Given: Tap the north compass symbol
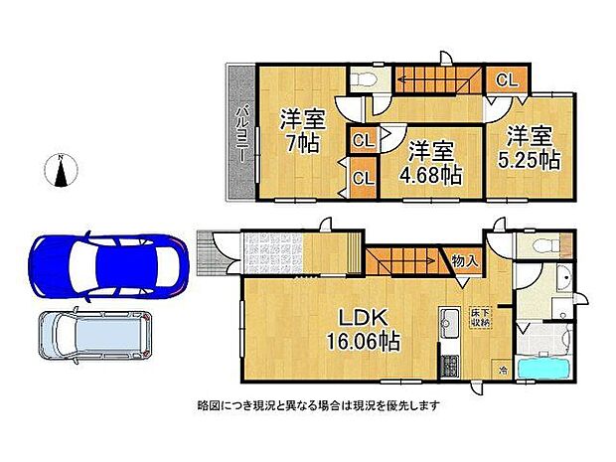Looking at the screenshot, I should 62,171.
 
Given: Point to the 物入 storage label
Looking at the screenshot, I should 465,261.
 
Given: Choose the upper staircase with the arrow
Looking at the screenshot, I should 438,77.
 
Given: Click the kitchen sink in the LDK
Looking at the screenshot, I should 447,322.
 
